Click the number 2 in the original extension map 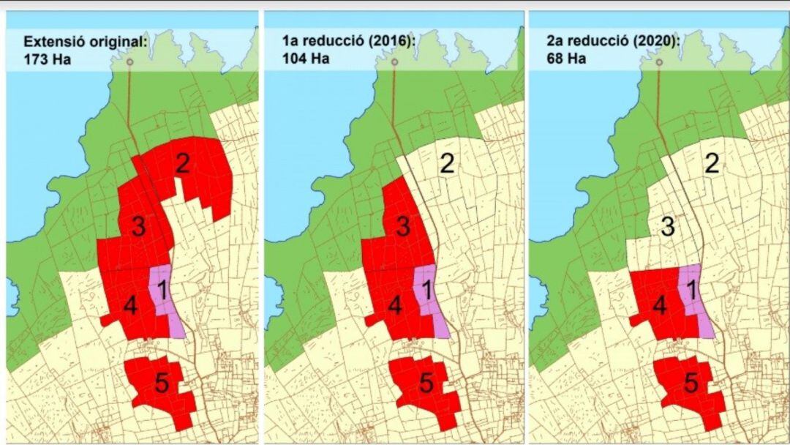click(x=183, y=163)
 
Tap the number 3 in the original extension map click(x=138, y=227)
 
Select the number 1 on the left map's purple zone click(x=162, y=290)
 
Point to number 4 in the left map click(x=130, y=306)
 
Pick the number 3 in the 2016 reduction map click(x=402, y=227)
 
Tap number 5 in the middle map click(x=427, y=382)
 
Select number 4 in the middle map click(x=395, y=306)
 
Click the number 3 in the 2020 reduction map click(x=666, y=227)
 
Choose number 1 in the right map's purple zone click(x=691, y=290)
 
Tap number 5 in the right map click(x=691, y=382)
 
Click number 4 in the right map click(x=659, y=306)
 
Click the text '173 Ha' click(x=47, y=59)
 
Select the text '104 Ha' click(x=306, y=59)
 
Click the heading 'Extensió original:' click(x=85, y=42)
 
